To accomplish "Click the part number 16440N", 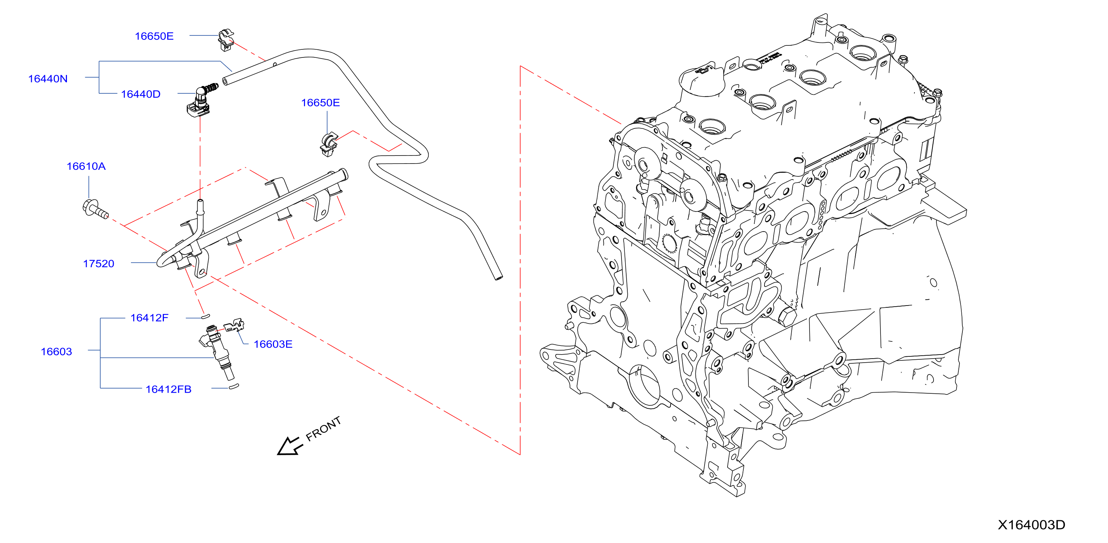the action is coord(48,79).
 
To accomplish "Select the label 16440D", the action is coord(141,94).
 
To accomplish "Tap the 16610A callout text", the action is coord(86,166).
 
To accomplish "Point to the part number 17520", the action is coord(98,264).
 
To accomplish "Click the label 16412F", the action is coord(149,318).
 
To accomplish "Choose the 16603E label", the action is coord(273,344).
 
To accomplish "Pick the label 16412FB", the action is coord(169,389).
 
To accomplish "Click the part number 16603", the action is coord(56,352).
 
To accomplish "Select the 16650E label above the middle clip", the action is coord(320,103).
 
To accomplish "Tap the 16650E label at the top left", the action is coord(154,36).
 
